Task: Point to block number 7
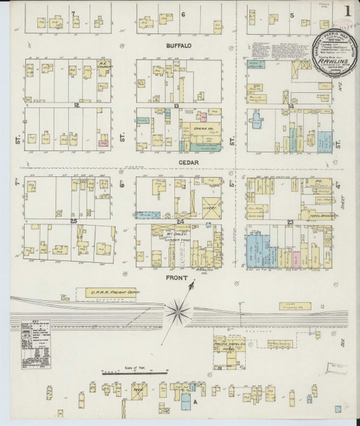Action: (x=72, y=13)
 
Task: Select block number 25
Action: (x=73, y=222)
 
